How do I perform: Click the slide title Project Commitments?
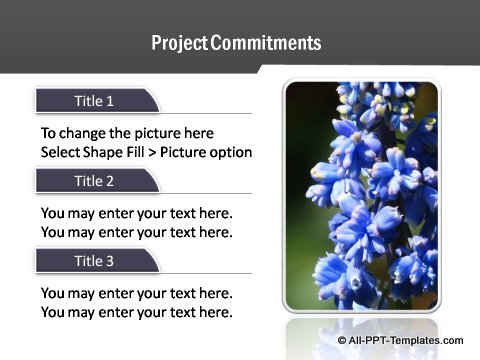click(236, 43)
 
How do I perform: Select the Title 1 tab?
click(96, 101)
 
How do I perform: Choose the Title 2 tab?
click(96, 181)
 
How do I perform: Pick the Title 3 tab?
click(96, 261)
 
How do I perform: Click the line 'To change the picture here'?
click(127, 133)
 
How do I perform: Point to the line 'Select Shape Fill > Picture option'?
click(146, 152)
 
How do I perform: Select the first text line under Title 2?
click(136, 213)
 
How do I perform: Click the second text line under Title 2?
click(136, 232)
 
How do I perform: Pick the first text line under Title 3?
click(136, 293)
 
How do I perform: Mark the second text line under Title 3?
click(136, 312)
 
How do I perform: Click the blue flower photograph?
click(361, 195)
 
